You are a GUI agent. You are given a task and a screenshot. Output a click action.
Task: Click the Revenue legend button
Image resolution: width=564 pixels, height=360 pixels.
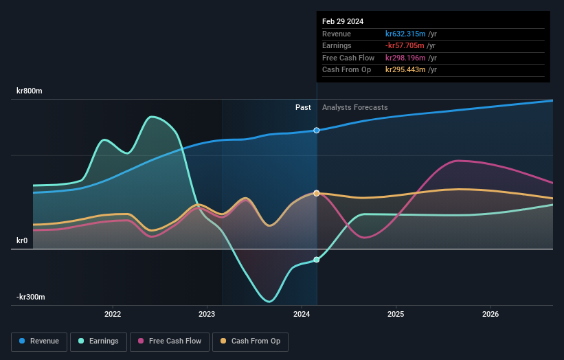click(x=40, y=341)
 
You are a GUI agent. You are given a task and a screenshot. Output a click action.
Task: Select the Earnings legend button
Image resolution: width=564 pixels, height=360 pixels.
click(x=98, y=341)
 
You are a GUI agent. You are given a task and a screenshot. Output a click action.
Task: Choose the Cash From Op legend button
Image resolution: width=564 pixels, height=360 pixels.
click(x=251, y=341)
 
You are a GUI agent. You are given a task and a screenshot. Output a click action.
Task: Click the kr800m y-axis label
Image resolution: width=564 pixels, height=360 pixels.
click(x=30, y=91)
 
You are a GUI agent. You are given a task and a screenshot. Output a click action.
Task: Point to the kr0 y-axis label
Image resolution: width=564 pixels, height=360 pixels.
click(x=22, y=240)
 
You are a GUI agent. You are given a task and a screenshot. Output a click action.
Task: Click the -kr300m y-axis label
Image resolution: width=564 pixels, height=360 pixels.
click(x=31, y=297)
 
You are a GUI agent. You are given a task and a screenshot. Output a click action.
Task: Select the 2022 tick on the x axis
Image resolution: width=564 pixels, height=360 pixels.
click(x=113, y=315)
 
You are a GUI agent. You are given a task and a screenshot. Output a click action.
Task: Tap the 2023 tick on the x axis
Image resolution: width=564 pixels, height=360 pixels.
click(x=207, y=315)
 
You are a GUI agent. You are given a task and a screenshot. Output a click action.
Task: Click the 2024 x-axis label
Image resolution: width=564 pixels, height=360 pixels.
click(x=301, y=315)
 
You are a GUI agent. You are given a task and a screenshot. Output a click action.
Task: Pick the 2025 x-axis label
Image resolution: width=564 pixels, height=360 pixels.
click(x=395, y=315)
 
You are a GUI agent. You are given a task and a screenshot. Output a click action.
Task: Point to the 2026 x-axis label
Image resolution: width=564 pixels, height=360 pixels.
click(x=490, y=315)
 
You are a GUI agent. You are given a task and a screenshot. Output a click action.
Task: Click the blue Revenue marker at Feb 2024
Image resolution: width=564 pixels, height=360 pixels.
click(x=317, y=130)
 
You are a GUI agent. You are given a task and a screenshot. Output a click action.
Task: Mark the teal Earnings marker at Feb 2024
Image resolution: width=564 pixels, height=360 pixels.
click(x=317, y=260)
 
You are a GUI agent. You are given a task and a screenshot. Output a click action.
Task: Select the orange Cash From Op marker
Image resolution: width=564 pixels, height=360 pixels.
click(x=317, y=193)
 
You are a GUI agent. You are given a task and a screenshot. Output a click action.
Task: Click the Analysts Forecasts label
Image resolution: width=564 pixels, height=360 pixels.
click(x=354, y=107)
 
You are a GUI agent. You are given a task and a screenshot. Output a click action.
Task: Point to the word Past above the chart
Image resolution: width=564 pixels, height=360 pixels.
click(x=303, y=107)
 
